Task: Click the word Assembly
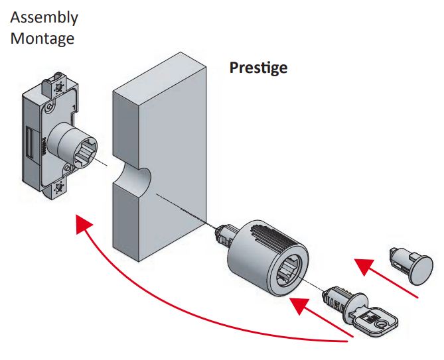44,17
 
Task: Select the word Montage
42,38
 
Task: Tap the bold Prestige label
258,68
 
